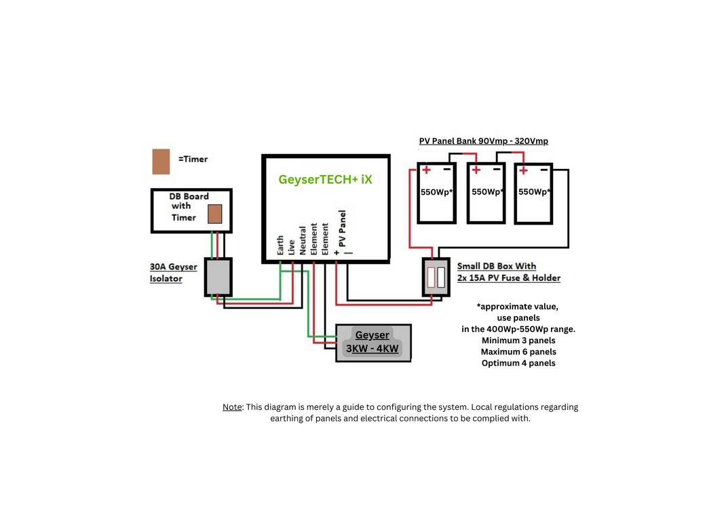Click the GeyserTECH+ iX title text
click(x=325, y=180)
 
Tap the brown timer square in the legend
click(x=161, y=161)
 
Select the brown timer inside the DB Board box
click(x=214, y=214)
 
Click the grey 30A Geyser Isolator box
click(x=218, y=277)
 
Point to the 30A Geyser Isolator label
click(x=173, y=272)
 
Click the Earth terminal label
click(x=281, y=246)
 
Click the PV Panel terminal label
click(x=343, y=231)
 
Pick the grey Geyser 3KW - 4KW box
click(x=373, y=343)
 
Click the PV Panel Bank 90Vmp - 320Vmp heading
click(x=483, y=141)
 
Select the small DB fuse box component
click(x=436, y=277)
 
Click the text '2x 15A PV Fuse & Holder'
click(x=509, y=278)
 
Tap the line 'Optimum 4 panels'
click(x=518, y=363)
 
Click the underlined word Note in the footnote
click(x=232, y=407)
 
